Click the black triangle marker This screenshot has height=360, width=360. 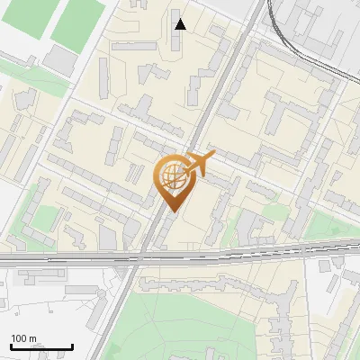click(181, 24)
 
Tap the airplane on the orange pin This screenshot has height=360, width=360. click(199, 164)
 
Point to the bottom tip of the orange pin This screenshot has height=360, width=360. click(171, 211)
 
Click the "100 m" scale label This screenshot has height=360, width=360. click(23, 338)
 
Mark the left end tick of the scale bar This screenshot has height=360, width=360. click(11, 346)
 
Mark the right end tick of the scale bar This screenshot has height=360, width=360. click(72, 346)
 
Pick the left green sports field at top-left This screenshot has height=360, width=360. click(24, 18)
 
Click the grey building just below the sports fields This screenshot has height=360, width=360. click(60, 60)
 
